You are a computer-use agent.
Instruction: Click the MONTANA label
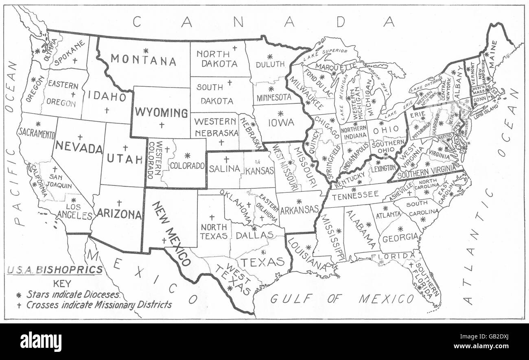143,61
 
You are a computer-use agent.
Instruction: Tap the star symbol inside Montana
145,50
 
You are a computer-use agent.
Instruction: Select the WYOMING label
162,112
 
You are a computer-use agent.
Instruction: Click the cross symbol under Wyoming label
162,125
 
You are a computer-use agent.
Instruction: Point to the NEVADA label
79,147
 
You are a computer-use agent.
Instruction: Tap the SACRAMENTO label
37,133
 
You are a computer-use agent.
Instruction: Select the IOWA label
281,122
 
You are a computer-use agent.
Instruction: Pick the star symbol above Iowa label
280,113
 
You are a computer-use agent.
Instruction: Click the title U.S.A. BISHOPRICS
54,269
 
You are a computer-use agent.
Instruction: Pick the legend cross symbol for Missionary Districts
18,305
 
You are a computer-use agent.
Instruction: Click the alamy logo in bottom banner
41,342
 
